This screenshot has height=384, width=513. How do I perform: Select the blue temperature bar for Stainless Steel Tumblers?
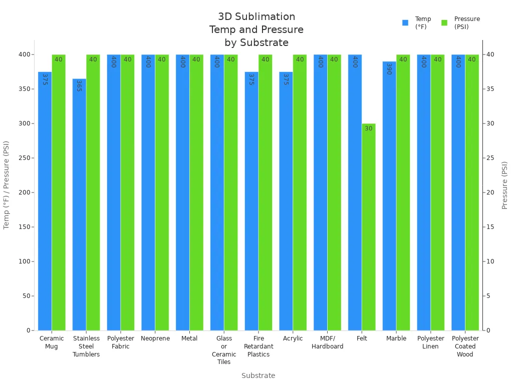coord(79,204)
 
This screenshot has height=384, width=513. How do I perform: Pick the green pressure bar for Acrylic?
coord(300,192)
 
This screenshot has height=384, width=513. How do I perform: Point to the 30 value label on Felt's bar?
coord(369,128)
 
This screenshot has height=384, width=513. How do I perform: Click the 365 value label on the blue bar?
coord(79,85)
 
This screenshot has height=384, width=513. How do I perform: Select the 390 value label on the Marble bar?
coord(389,68)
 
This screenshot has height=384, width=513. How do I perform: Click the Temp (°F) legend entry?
coord(416,23)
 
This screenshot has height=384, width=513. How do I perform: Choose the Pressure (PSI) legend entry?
coord(460,23)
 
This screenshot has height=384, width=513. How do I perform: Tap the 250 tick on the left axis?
coord(24,158)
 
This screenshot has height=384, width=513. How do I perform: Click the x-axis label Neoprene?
coord(155,338)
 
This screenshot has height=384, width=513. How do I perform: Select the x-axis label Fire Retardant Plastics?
coord(259,346)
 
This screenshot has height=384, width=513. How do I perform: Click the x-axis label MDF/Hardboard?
coord(327,342)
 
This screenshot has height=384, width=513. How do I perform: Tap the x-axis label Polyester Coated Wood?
coord(465,346)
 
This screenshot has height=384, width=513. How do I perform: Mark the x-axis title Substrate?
coord(258,375)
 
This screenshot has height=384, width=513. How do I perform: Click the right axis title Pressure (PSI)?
coord(504,185)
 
